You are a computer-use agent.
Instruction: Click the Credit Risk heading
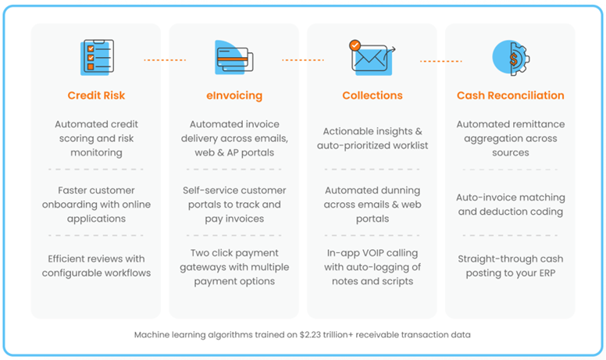click(96, 96)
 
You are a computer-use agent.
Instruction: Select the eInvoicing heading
click(234, 96)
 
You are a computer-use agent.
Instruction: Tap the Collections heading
click(373, 96)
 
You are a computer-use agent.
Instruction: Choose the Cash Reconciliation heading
click(510, 96)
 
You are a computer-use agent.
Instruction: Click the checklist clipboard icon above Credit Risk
click(97, 57)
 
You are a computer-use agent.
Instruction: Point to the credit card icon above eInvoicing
click(233, 58)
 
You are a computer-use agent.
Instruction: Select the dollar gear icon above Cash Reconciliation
click(510, 57)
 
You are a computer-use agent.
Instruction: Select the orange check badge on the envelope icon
click(355, 45)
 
